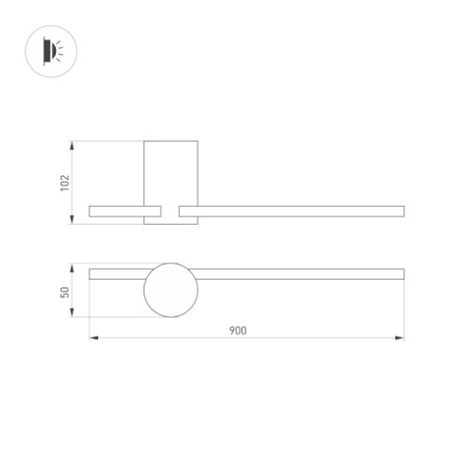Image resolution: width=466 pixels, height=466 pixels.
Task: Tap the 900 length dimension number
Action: [247, 331]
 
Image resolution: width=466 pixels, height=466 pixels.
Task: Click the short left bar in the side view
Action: [126, 211]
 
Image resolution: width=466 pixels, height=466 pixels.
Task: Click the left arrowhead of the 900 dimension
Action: [92, 337]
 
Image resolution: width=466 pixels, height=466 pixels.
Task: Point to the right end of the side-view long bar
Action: [402, 211]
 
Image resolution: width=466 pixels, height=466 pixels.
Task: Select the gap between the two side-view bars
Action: [171, 211]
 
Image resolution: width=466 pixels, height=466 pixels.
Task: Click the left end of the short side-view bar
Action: [90, 211]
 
